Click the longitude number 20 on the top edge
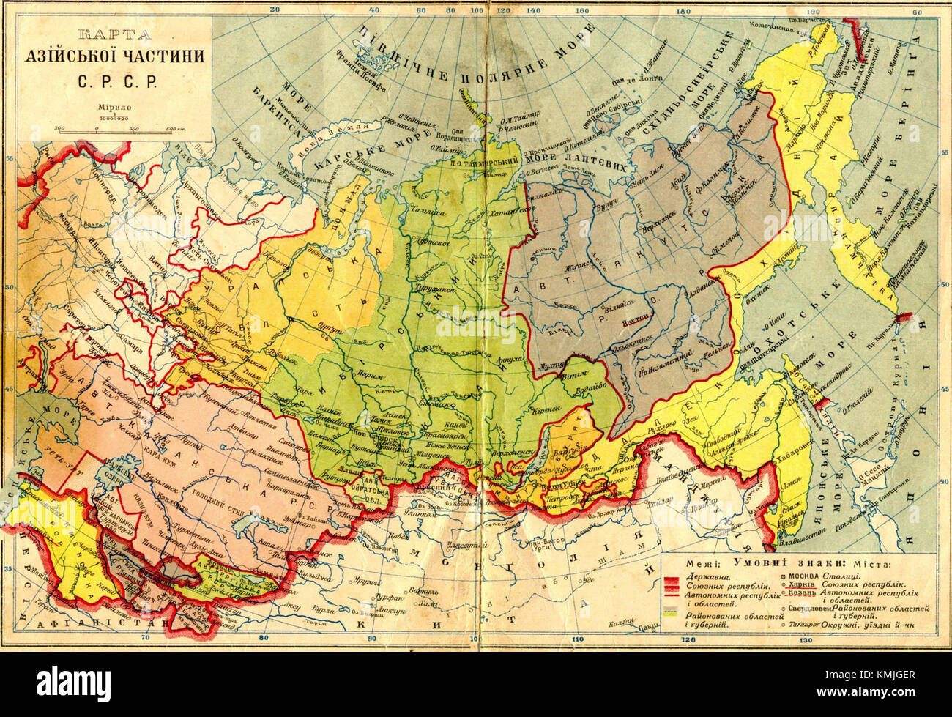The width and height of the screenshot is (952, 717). tap(275, 10)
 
